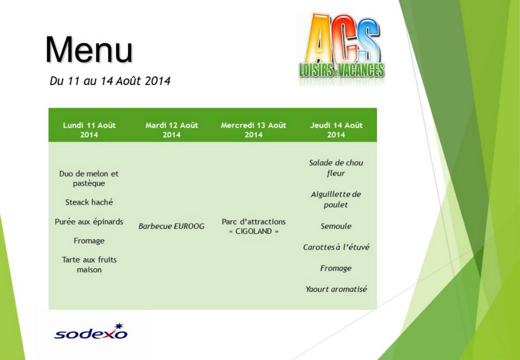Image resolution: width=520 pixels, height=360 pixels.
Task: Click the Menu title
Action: pyautogui.click(x=89, y=50)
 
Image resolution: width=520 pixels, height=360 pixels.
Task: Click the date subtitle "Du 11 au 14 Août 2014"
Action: pyautogui.click(x=110, y=81)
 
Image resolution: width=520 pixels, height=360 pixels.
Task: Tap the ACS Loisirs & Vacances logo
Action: pyautogui.click(x=342, y=49)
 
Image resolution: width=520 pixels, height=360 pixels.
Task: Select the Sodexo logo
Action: pyautogui.click(x=90, y=332)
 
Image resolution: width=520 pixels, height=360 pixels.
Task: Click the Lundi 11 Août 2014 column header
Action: pyautogui.click(x=89, y=129)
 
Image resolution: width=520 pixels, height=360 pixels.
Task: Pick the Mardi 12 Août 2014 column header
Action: pyautogui.click(x=172, y=129)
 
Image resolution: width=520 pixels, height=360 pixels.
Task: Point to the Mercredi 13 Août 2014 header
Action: pyautogui.click(x=253, y=129)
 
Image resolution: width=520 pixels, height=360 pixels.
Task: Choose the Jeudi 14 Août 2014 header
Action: pyautogui.click(x=336, y=129)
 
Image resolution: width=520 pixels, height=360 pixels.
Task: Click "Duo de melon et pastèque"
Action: pyautogui.click(x=89, y=178)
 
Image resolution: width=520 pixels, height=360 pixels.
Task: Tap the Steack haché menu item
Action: pyautogui.click(x=89, y=202)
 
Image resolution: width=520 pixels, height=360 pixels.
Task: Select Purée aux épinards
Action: pyautogui.click(x=89, y=222)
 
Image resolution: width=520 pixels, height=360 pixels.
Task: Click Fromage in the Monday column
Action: pyautogui.click(x=89, y=241)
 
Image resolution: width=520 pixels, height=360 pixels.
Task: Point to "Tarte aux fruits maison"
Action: pyautogui.click(x=89, y=265)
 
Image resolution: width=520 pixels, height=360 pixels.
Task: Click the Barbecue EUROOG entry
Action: pyautogui.click(x=172, y=226)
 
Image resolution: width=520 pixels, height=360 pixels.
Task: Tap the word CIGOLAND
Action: pyautogui.click(x=253, y=231)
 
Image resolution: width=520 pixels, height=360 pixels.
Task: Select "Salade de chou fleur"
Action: pyautogui.click(x=336, y=168)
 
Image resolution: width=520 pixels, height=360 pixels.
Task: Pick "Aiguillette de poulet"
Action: pyautogui.click(x=336, y=199)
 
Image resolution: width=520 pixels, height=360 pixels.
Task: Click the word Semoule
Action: pyautogui.click(x=336, y=226)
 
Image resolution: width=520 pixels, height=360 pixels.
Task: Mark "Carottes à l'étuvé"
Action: pyautogui.click(x=336, y=247)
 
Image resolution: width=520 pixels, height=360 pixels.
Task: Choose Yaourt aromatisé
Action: pyautogui.click(x=336, y=289)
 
